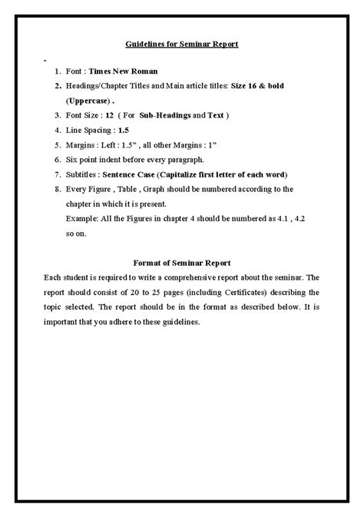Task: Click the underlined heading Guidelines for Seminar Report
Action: tap(182, 44)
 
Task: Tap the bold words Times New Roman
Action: tap(123, 70)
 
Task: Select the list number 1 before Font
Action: tap(58, 70)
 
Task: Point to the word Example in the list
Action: tap(81, 219)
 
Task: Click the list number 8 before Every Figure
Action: tap(58, 189)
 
